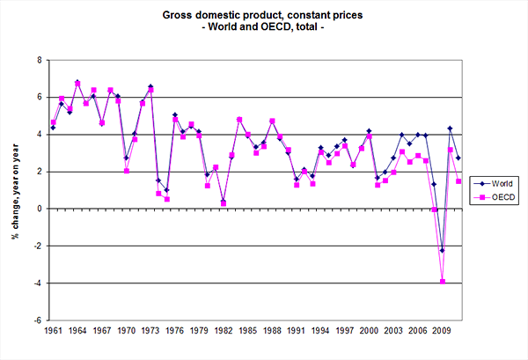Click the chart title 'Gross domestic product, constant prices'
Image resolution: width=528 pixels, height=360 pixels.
[x=263, y=15]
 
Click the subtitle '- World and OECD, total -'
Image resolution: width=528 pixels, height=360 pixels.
[x=263, y=28]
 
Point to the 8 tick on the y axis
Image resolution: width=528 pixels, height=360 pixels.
[x=38, y=60]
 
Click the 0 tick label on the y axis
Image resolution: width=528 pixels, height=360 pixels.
[x=38, y=209]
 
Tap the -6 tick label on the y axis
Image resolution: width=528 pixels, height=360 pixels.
[x=36, y=320]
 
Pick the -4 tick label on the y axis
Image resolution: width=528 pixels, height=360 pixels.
[x=36, y=283]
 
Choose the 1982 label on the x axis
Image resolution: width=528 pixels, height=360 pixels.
[x=198, y=333]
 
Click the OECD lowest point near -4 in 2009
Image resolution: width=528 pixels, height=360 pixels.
[x=443, y=282]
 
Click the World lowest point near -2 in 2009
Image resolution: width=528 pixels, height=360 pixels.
[x=443, y=251]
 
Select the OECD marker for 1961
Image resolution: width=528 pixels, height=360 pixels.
[x=54, y=122]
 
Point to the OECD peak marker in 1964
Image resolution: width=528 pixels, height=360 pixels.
[x=77, y=83]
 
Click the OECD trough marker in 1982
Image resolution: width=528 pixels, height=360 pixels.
[x=198, y=202]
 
